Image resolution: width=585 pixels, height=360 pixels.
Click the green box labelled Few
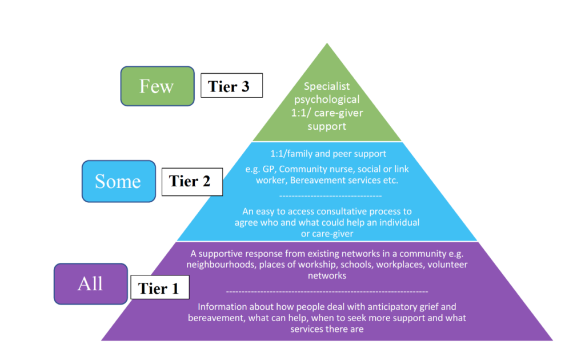click(157, 86)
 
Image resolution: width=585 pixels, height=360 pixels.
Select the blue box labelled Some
click(118, 181)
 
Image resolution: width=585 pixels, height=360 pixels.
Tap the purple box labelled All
click(90, 283)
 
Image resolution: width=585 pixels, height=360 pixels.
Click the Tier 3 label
click(231, 86)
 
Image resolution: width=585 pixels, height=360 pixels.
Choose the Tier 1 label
click(158, 288)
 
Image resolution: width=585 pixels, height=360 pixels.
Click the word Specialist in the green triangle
click(326, 86)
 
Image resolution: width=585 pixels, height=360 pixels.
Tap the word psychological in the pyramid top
click(327, 99)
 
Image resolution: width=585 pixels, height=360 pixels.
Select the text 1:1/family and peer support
click(327, 153)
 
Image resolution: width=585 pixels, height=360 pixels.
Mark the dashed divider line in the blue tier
click(327, 196)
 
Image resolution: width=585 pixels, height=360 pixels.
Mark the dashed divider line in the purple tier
click(327, 291)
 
